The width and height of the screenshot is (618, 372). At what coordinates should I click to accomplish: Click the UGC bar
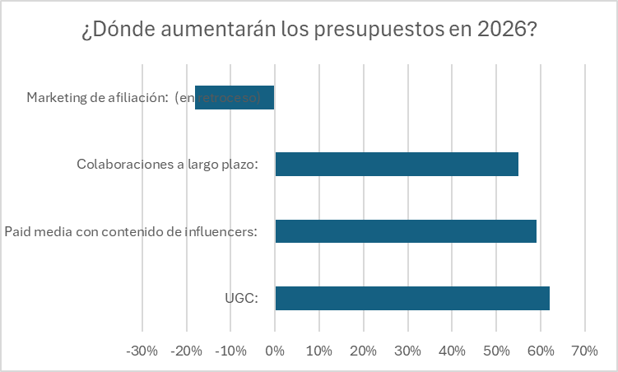pos(411,298)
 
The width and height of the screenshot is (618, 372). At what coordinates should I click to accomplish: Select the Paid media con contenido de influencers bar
pos(405,231)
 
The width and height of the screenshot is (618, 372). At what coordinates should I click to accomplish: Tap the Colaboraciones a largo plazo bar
pos(397,165)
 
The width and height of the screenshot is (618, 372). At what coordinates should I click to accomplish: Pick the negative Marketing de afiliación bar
pos(235,98)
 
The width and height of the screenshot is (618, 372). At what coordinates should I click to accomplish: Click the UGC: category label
pos(241,299)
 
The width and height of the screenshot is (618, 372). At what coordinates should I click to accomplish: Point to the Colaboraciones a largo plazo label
pos(167,165)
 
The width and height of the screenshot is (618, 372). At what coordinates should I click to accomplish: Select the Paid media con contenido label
pos(131,231)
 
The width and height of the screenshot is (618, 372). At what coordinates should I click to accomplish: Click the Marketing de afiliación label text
pos(97,98)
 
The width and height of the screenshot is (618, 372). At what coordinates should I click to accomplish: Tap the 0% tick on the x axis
pos(275,351)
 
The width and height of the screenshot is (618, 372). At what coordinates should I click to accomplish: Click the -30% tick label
pos(142,351)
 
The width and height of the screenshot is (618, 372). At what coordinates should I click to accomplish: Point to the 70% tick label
pos(584,351)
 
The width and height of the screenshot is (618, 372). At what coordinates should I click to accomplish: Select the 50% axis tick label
pos(495,351)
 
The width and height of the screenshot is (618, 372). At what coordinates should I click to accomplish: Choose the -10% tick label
pos(230,351)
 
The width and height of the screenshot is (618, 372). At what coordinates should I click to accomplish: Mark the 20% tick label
pos(363,351)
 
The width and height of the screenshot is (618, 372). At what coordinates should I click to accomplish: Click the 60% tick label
pos(540,351)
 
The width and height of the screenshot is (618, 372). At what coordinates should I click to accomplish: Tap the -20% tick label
pos(186,351)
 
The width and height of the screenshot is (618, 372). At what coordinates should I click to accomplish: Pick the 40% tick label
pos(452,351)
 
